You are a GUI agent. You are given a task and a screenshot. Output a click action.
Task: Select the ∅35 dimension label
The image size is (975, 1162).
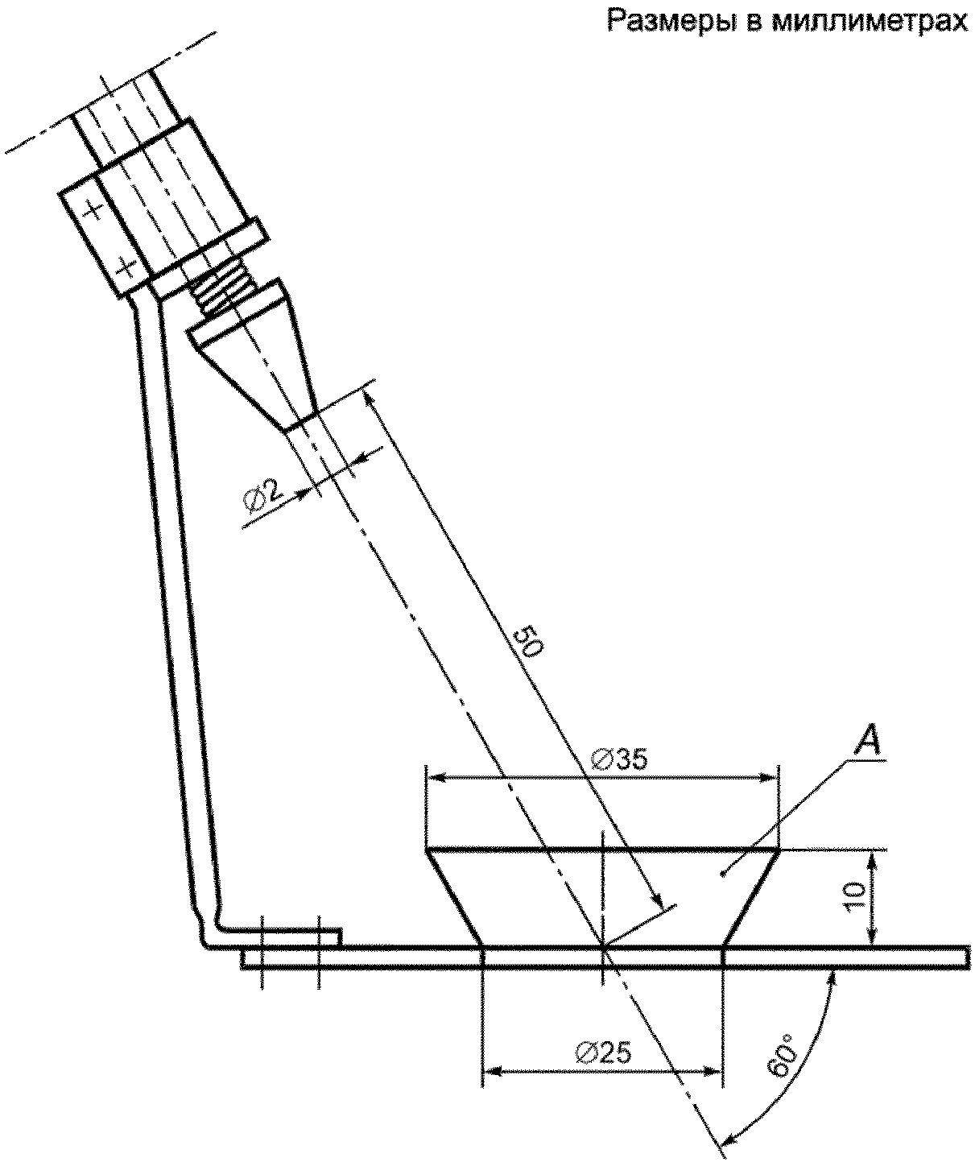coord(619,759)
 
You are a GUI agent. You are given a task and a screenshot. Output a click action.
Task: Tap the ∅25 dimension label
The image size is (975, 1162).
coord(605,1053)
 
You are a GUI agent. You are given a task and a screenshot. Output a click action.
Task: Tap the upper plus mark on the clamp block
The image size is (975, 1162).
coord(93,211)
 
